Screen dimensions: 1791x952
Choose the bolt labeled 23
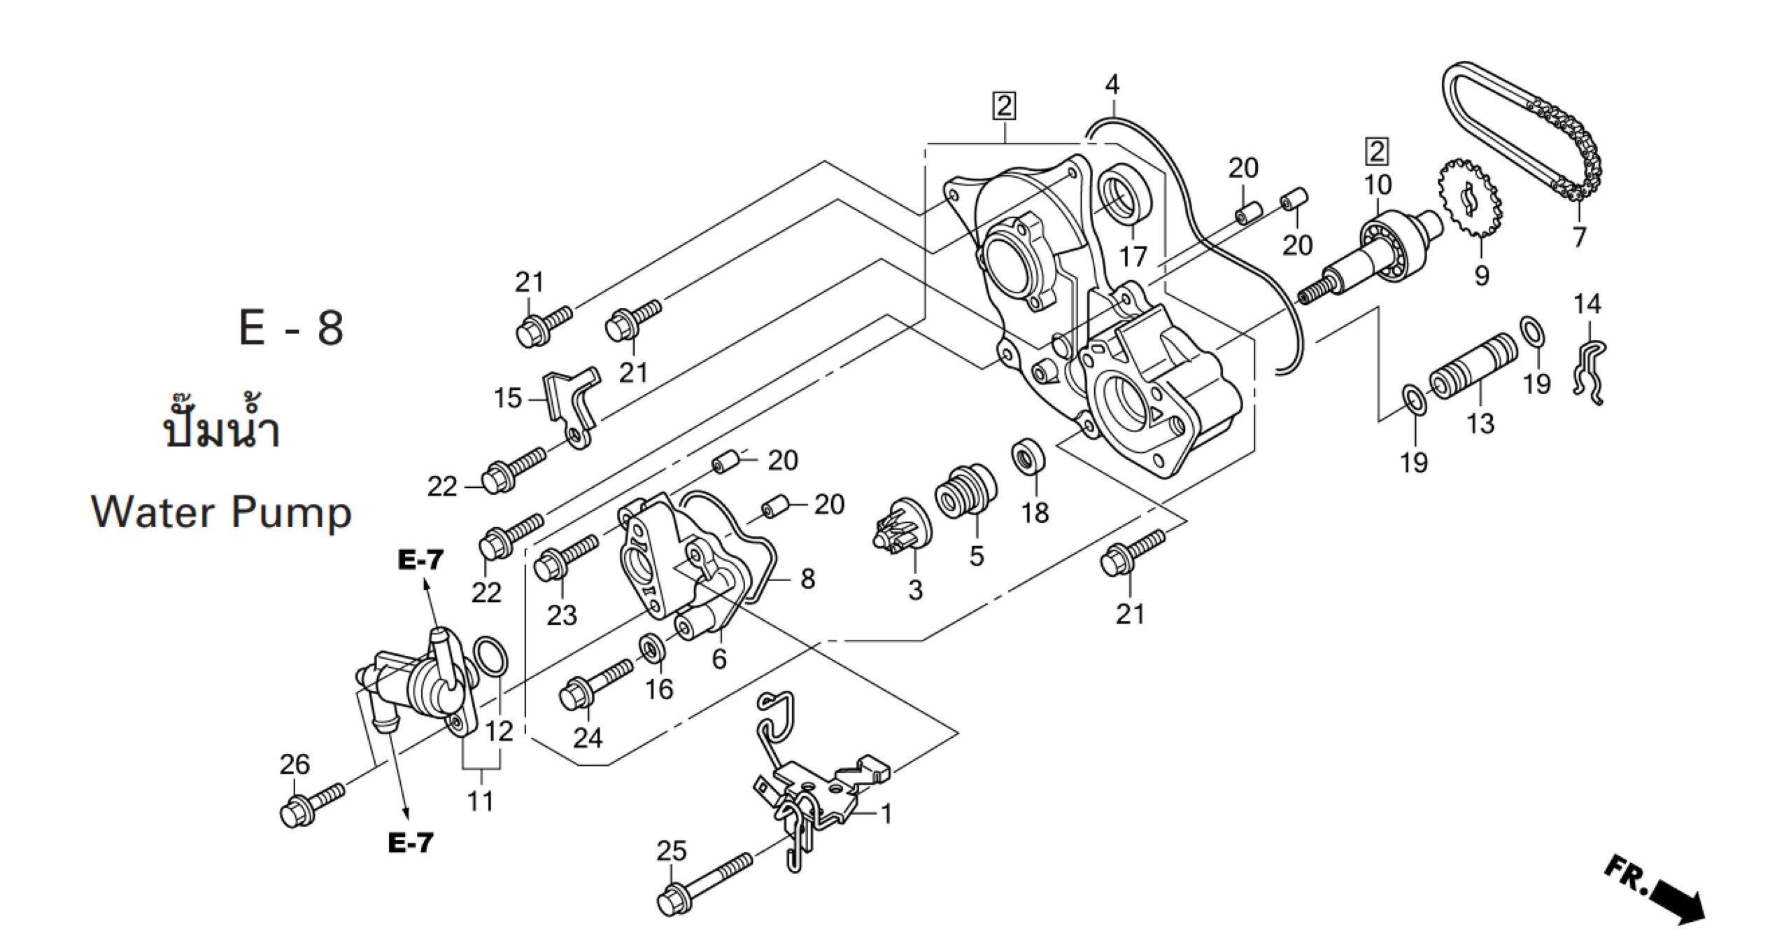point(565,556)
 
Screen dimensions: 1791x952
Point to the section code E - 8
point(291,328)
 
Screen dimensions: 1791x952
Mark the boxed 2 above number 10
point(1377,151)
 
